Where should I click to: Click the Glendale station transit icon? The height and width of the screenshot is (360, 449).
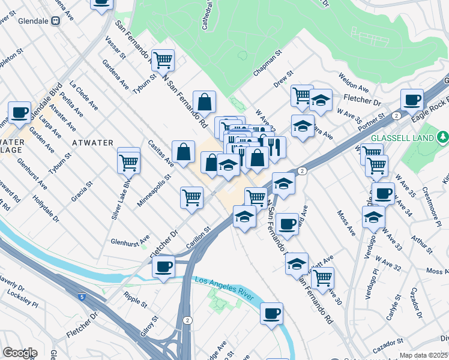point(55,20)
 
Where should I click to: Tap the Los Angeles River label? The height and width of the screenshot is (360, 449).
point(223,287)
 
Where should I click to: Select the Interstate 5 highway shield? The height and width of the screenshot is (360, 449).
point(81,296)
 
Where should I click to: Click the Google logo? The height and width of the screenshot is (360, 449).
point(20,352)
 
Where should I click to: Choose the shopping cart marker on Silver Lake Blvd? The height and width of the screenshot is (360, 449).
point(128,161)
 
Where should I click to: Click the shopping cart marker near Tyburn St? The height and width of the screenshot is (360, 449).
point(163,60)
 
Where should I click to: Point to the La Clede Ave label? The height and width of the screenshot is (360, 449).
point(84,95)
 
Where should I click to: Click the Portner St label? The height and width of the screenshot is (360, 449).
point(372,122)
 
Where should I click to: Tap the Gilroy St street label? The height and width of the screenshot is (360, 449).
point(151,328)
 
